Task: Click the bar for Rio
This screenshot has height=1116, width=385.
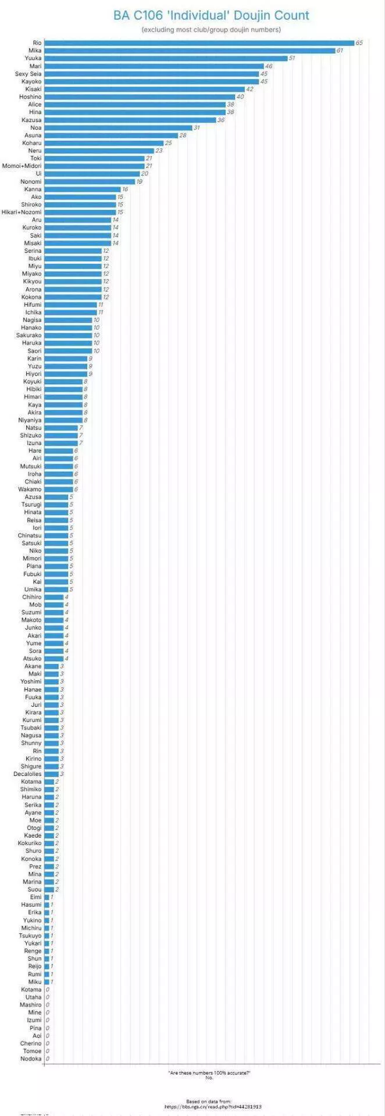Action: point(199,43)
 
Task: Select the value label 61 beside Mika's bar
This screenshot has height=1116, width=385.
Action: point(340,51)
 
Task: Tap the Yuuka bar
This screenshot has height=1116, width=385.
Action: point(166,58)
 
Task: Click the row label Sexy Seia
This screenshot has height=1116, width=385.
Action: point(28,74)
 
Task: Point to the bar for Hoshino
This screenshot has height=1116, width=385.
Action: point(140,97)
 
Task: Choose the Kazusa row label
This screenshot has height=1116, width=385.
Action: point(31,120)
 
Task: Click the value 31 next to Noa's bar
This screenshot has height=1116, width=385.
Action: point(197,128)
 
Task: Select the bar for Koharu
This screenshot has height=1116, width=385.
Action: point(104,143)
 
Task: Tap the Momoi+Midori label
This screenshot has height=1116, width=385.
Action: point(22,166)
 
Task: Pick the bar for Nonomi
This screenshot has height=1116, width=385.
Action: point(90,181)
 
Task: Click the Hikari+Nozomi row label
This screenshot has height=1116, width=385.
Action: point(22,212)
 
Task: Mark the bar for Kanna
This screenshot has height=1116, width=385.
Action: point(82,189)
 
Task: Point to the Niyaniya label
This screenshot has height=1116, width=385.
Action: point(30,420)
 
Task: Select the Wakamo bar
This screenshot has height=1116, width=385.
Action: point(59,489)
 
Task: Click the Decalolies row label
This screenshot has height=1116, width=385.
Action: point(28,774)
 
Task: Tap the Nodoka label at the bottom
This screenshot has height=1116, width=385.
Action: point(31,1058)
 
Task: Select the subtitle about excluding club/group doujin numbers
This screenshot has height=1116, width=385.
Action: point(211,30)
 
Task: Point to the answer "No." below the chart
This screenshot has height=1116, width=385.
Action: point(209,1078)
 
